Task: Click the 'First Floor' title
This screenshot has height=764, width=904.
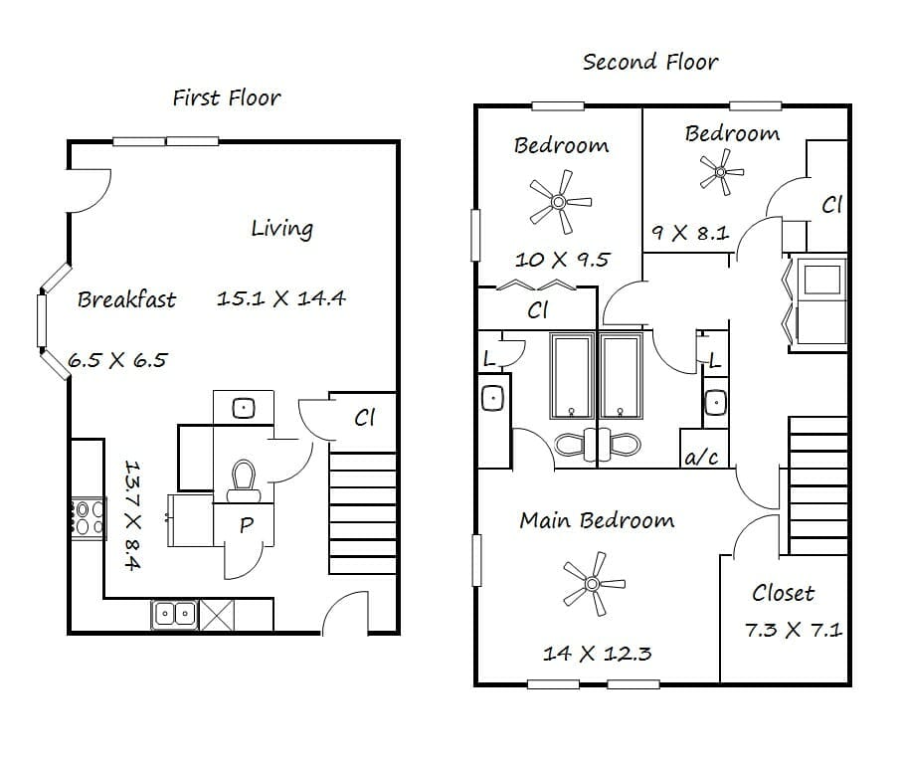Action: click(x=227, y=98)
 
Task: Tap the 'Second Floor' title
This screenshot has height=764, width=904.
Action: click(x=650, y=62)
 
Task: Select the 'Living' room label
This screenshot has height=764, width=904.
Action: click(x=282, y=229)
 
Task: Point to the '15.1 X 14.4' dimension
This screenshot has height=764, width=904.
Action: click(x=280, y=298)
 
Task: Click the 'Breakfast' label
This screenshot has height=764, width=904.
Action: click(x=127, y=299)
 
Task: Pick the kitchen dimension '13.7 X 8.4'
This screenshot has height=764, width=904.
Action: click(x=132, y=514)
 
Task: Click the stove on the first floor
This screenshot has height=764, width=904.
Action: click(x=88, y=518)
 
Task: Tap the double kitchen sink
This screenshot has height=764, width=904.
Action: click(x=175, y=615)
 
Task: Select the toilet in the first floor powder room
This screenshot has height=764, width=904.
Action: click(x=244, y=480)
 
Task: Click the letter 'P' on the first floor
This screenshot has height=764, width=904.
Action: click(x=247, y=524)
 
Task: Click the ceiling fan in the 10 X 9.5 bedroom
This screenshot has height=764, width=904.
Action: click(x=559, y=202)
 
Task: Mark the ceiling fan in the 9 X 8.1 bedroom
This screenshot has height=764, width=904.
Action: click(x=720, y=172)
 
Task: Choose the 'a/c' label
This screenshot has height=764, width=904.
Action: click(x=702, y=457)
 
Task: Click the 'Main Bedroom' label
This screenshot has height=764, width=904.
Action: click(x=597, y=520)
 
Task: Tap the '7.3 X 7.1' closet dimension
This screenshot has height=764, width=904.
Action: click(x=794, y=630)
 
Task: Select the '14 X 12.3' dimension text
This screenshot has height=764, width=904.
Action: click(x=598, y=654)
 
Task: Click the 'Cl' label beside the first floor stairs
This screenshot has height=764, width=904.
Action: click(x=364, y=417)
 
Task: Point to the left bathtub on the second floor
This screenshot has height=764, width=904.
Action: click(x=572, y=375)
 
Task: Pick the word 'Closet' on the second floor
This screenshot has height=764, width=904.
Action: click(x=784, y=593)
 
